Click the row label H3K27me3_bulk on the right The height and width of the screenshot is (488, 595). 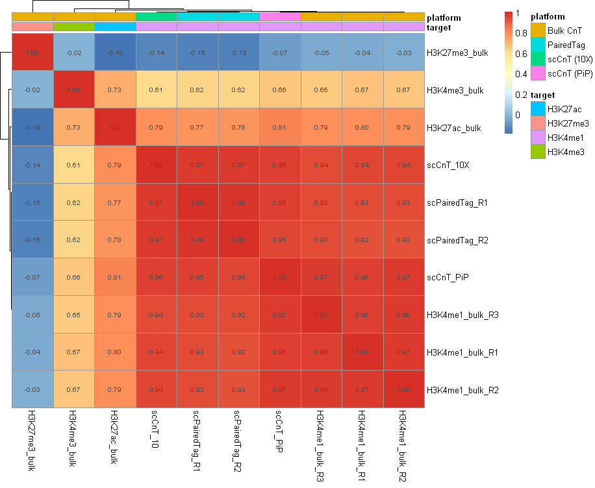pos(457,53)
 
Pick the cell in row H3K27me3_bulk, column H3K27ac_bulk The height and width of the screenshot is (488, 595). pos(115,53)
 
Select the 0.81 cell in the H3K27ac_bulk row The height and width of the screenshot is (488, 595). pos(280,128)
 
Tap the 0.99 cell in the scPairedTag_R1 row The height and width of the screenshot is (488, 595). pos(239,202)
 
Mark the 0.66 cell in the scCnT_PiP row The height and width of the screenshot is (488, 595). pos(73,278)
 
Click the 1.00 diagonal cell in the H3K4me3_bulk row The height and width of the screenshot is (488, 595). pos(73,90)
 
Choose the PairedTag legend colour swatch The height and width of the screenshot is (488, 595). pos(538,45)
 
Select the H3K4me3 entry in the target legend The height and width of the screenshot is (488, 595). pos(566,152)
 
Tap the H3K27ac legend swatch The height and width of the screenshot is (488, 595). pos(538,109)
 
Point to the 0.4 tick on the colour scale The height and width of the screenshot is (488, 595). pos(518,74)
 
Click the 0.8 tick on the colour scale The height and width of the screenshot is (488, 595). pos(518,33)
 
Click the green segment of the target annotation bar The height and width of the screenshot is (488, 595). pos(73,27)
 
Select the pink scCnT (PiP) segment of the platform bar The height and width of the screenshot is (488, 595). pos(280,16)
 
